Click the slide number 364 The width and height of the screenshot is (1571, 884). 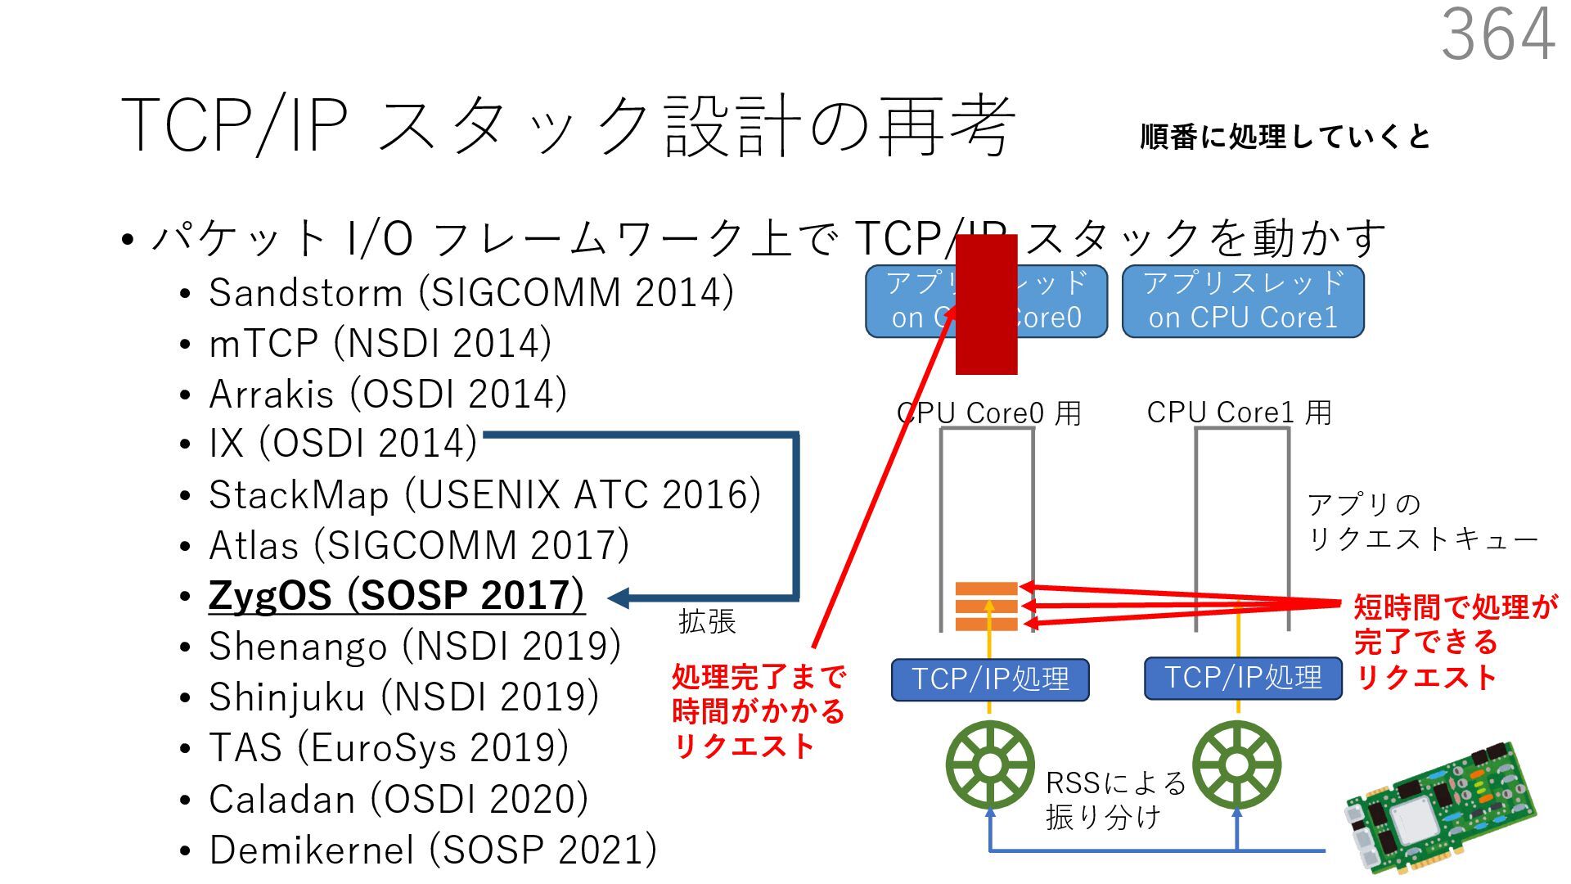tap(1497, 34)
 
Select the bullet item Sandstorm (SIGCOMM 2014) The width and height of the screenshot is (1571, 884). tap(470, 293)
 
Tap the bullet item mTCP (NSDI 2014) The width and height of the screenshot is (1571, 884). tap(380, 344)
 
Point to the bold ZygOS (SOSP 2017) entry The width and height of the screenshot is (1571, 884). tap(396, 596)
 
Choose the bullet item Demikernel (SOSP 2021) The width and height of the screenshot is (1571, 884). tap(433, 850)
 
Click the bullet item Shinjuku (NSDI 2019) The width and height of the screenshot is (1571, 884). tap(403, 697)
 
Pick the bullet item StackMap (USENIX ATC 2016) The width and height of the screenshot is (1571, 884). tap(484, 495)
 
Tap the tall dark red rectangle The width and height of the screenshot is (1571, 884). tap(986, 304)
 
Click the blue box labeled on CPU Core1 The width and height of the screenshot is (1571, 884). tap(1242, 301)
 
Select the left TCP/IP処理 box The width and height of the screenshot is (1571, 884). tap(990, 679)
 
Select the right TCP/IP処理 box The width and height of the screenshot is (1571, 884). tap(1242, 678)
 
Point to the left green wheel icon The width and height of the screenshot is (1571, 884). tap(989, 765)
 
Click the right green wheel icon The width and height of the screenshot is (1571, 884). tap(1236, 765)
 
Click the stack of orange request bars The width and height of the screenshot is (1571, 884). tap(987, 607)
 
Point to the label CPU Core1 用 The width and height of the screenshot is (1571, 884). tap(1239, 413)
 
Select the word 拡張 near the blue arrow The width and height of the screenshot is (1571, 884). tap(707, 622)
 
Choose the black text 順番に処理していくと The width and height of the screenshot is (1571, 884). tap(1285, 137)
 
